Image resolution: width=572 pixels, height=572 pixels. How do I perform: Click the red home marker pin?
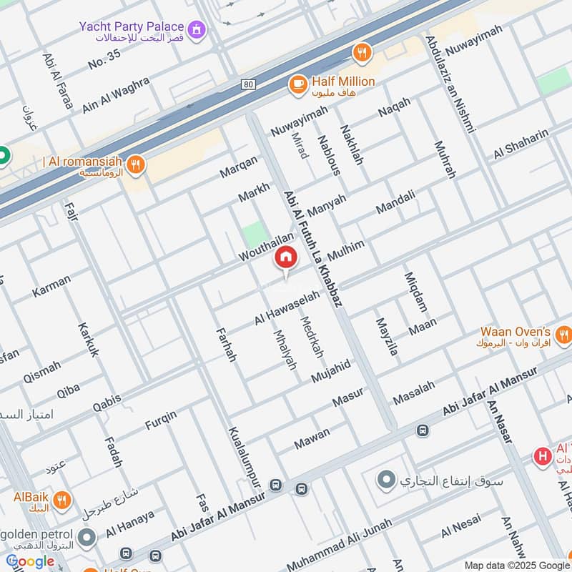pos(286,257)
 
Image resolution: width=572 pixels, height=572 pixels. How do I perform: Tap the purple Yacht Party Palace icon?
pos(198,30)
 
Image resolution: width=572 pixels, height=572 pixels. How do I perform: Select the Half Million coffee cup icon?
pos(297,84)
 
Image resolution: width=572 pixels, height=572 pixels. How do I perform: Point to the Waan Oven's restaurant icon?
pos(563,333)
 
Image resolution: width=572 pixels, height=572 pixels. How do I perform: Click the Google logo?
pos(30,561)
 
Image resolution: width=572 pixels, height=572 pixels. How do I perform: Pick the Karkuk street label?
pos(89,339)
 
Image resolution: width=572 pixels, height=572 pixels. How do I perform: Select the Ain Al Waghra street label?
pos(117,93)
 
